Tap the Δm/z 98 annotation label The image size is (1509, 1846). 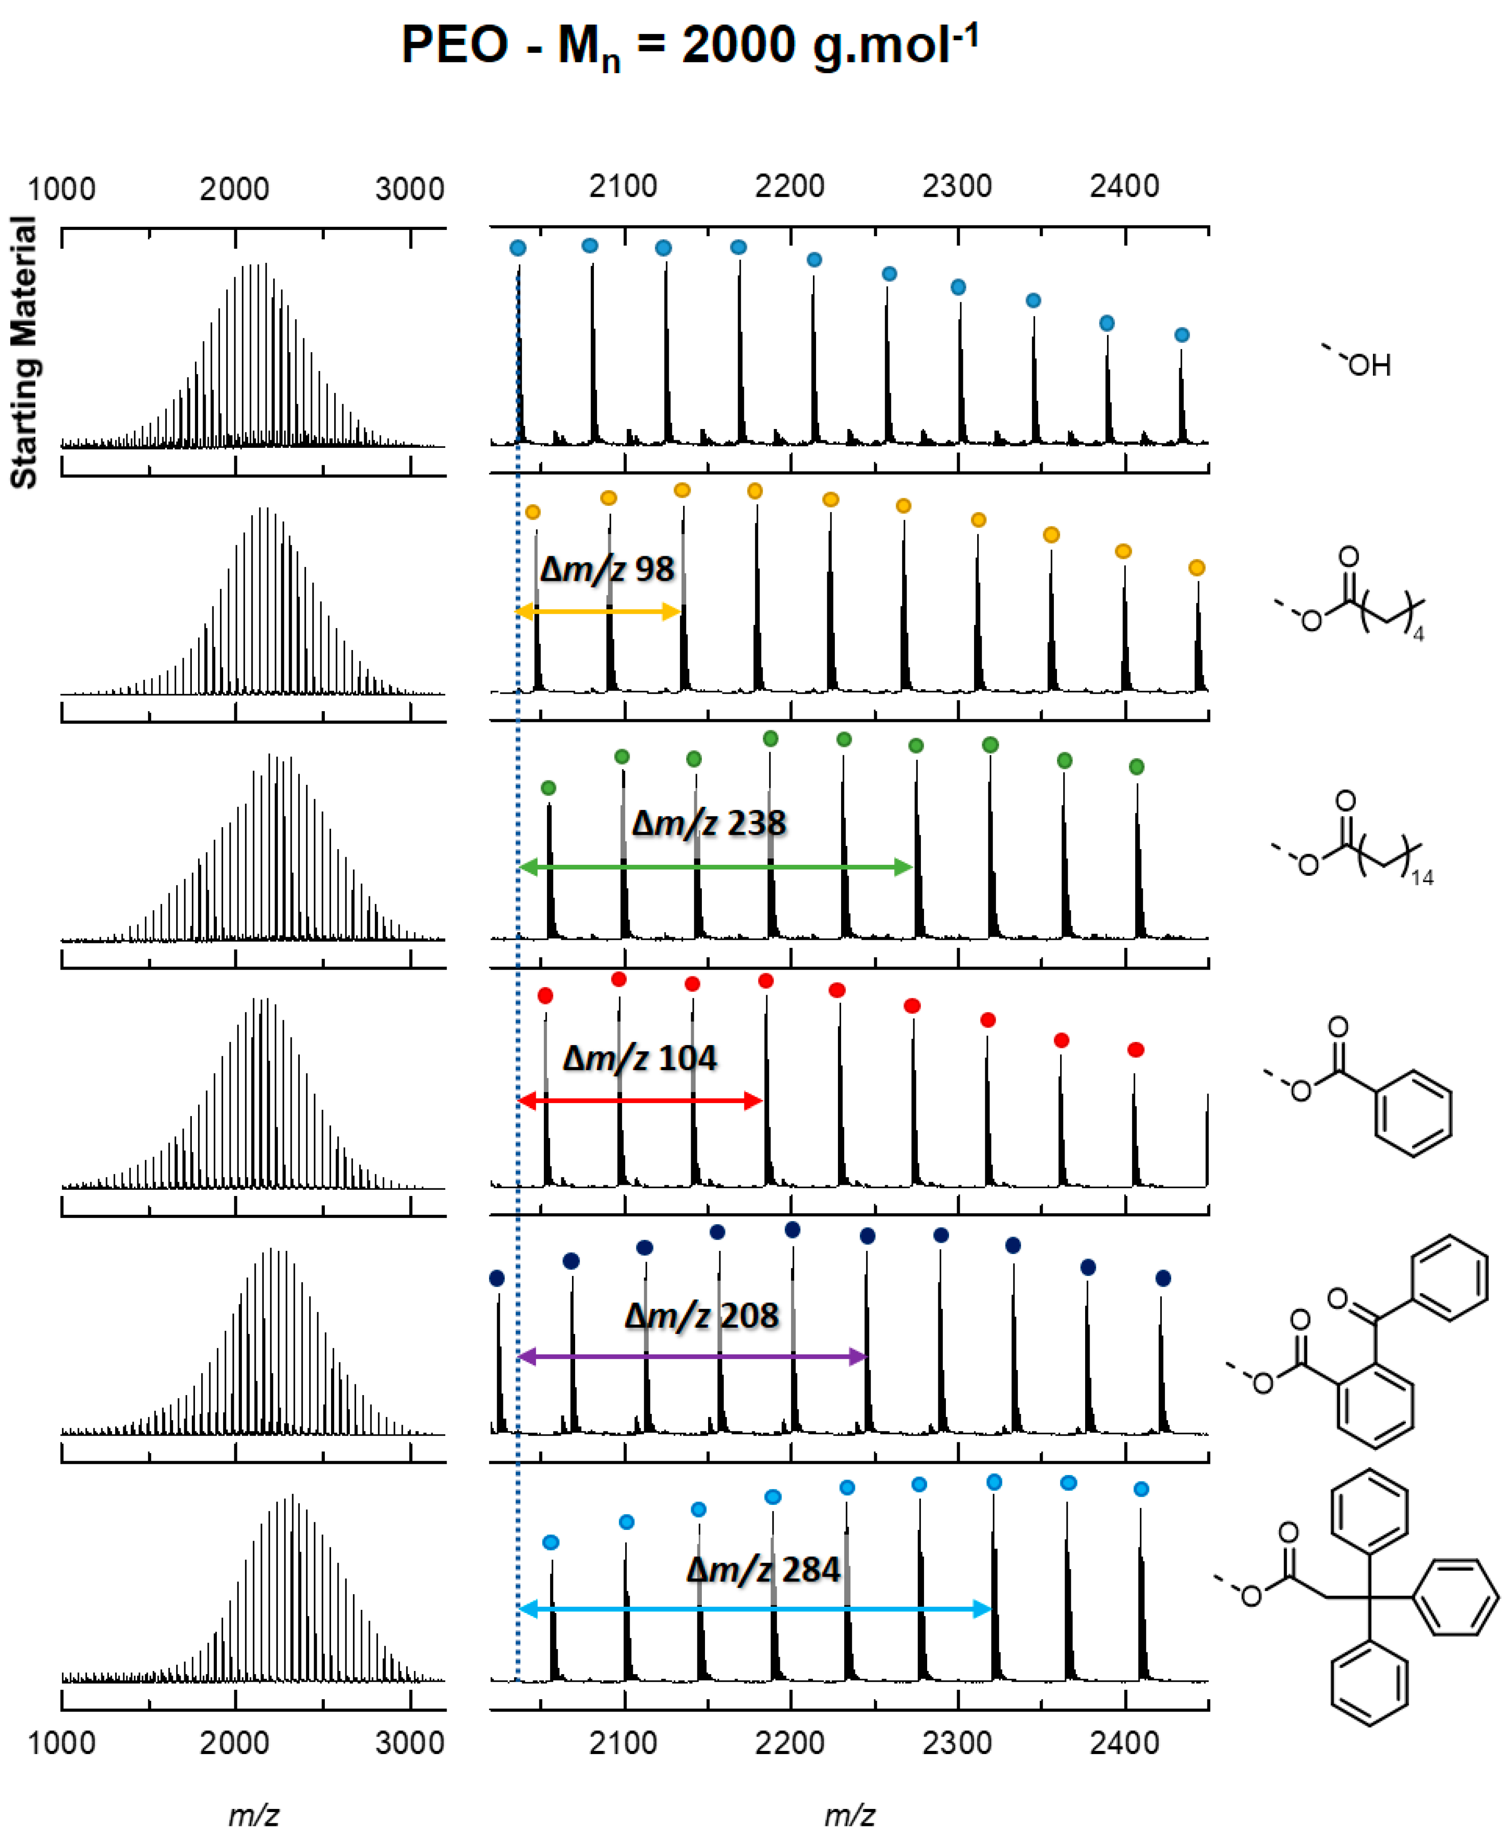pos(607,570)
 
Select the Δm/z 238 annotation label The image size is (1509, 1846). pos(709,823)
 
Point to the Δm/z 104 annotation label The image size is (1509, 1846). pos(640,1058)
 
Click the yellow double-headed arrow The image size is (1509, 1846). pos(598,612)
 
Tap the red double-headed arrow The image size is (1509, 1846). pos(640,1101)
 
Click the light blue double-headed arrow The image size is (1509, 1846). pos(754,1609)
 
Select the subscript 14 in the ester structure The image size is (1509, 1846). pos(1422,878)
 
